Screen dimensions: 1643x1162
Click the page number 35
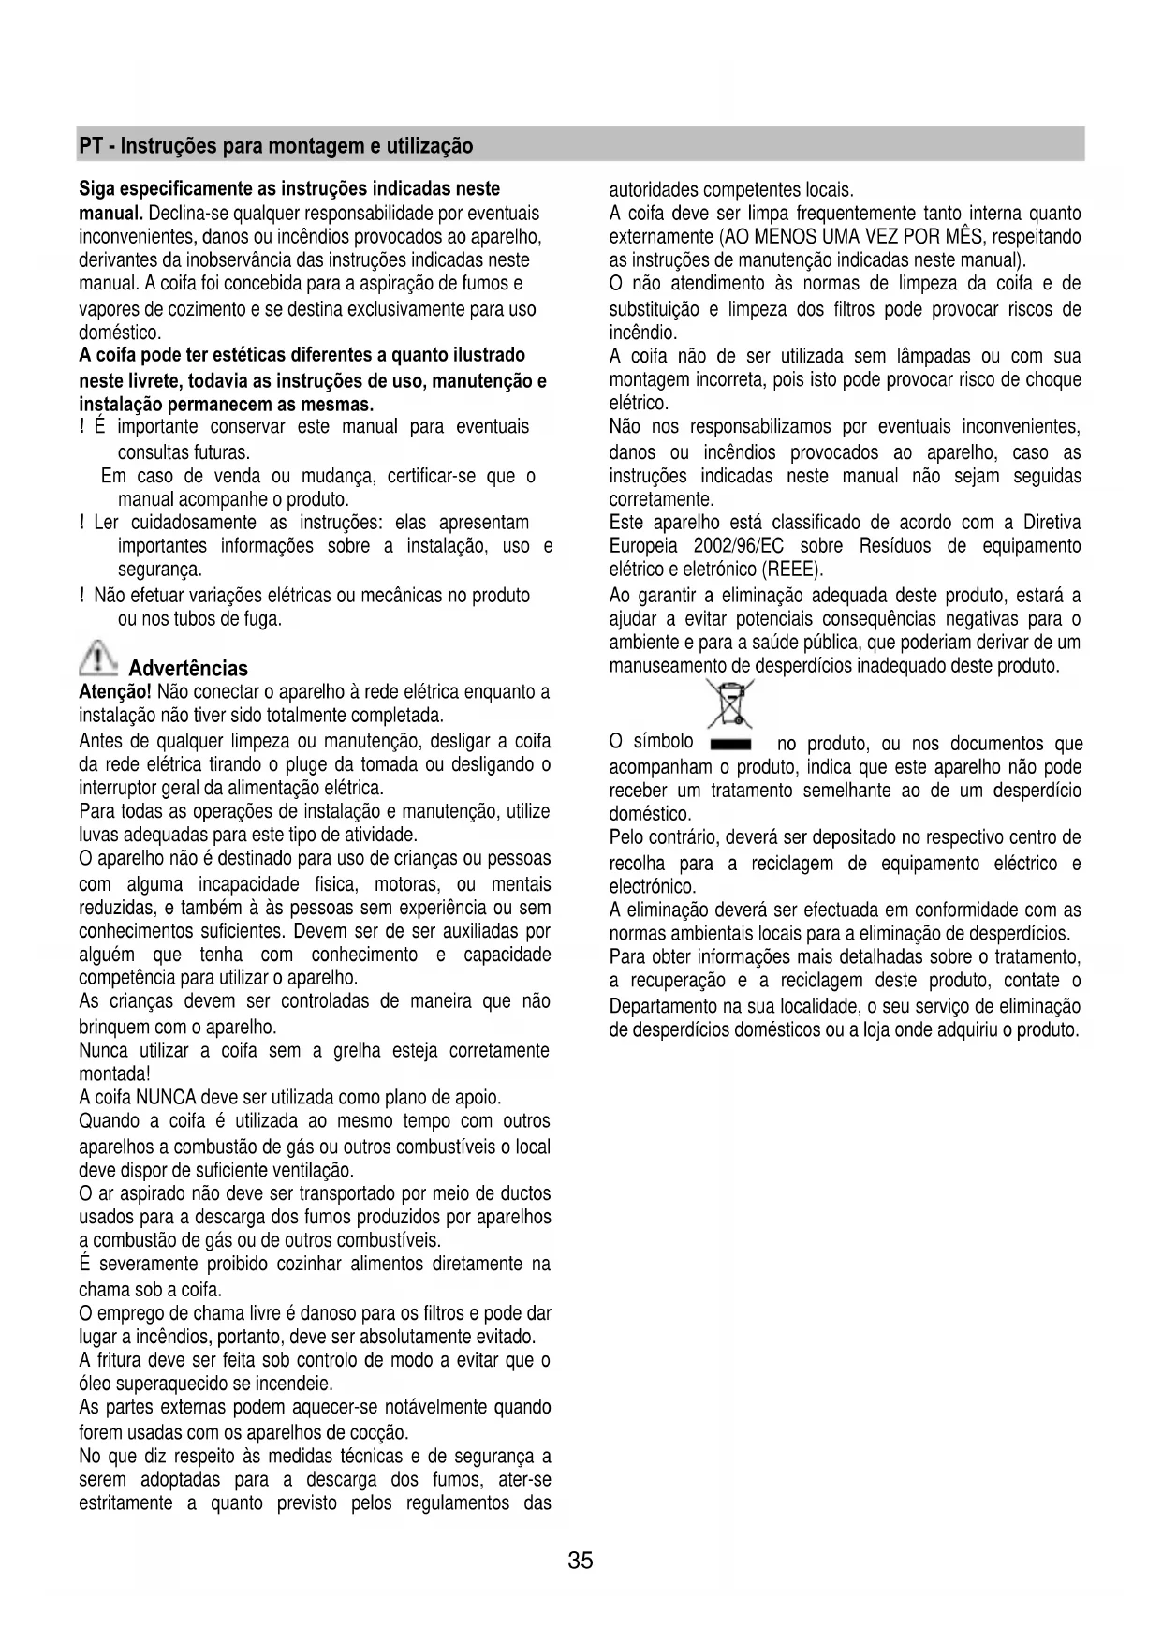coord(581,1561)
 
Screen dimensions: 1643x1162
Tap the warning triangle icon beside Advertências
coord(98,659)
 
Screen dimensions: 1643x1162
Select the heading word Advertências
coord(188,669)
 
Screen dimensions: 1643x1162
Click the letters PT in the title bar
coord(90,146)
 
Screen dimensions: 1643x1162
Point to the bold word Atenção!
coord(115,692)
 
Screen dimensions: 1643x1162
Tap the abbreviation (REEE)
coord(793,570)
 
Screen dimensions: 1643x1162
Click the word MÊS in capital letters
coord(978,236)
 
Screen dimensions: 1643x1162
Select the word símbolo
coord(664,742)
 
